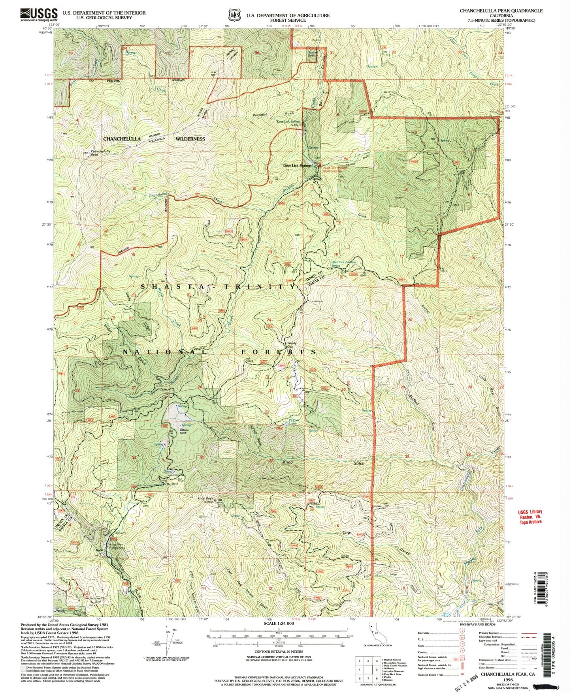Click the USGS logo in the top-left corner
pyautogui.click(x=39, y=15)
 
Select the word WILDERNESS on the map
pyautogui.click(x=190, y=139)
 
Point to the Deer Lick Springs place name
pyautogui.click(x=297, y=166)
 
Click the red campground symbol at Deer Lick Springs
pyautogui.click(x=320, y=165)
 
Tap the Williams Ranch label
pyautogui.click(x=183, y=432)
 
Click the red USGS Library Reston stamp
pyautogui.click(x=530, y=517)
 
